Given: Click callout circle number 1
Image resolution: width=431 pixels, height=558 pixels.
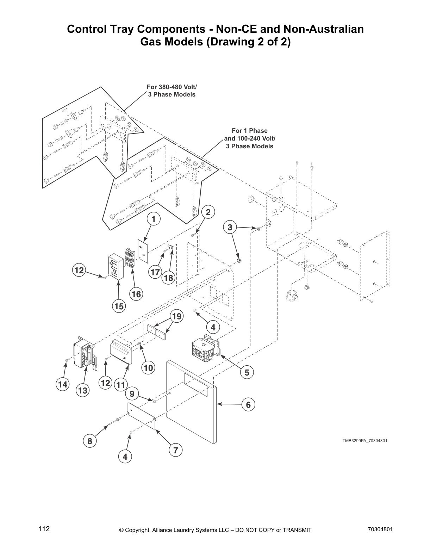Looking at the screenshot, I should tap(154, 219).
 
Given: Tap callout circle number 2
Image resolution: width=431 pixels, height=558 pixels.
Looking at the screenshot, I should tap(208, 212).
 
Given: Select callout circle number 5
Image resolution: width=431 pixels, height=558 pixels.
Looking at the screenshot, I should tap(247, 372).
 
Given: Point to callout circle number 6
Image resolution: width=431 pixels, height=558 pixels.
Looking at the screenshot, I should tap(248, 405).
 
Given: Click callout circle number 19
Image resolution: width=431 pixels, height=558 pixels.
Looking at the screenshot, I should tap(177, 316).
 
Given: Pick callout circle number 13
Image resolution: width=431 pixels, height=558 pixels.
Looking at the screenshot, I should tap(83, 390).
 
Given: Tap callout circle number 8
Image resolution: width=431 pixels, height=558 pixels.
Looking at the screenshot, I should tap(90, 441).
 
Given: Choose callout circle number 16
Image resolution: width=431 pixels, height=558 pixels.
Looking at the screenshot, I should tap(136, 294).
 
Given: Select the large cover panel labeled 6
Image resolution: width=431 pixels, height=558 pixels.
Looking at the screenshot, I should tap(190, 416).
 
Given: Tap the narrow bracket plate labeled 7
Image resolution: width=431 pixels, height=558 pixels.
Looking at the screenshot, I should tap(141, 416).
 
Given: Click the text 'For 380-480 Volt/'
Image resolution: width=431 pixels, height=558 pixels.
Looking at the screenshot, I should tap(171, 87).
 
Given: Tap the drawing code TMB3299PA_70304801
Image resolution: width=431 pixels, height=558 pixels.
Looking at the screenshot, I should tap(365, 440).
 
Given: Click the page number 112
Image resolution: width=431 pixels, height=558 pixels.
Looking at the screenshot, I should tap(44, 529).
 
